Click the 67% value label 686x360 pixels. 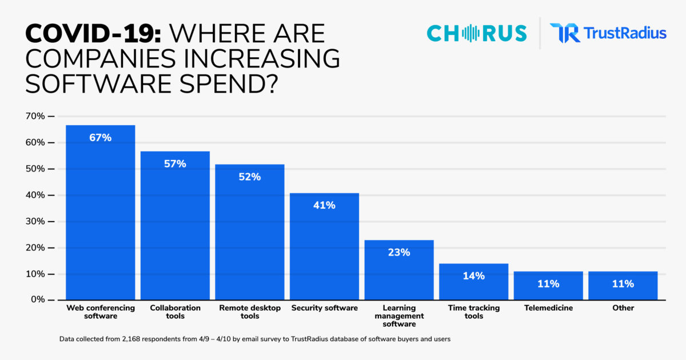pos(101,138)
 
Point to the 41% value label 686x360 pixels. pos(324,205)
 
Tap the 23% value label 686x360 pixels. pos(399,252)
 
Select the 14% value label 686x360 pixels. pos(473,276)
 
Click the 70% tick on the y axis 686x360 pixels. pos(35,117)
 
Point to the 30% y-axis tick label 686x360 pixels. pos(35,222)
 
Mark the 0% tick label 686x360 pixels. pos(37,300)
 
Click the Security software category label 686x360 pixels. pos(324,308)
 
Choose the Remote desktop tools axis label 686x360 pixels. pos(250,312)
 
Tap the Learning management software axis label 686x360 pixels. pos(399,316)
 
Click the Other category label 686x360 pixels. pos(623,308)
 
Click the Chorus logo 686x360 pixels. pos(476,33)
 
